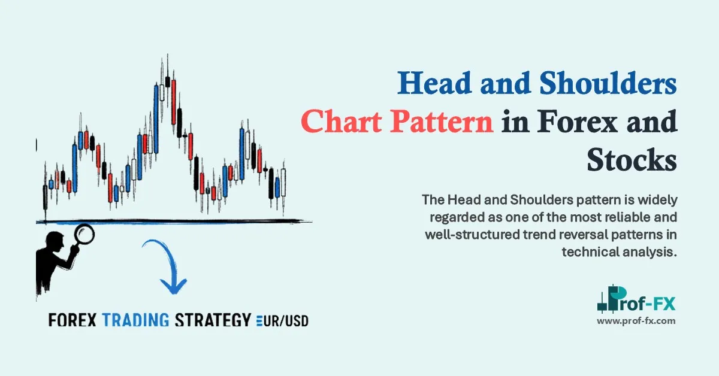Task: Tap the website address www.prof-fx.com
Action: click(636, 321)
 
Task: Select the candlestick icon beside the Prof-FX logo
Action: click(609, 299)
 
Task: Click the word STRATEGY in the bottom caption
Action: click(212, 320)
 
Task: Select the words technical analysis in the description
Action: click(619, 252)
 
